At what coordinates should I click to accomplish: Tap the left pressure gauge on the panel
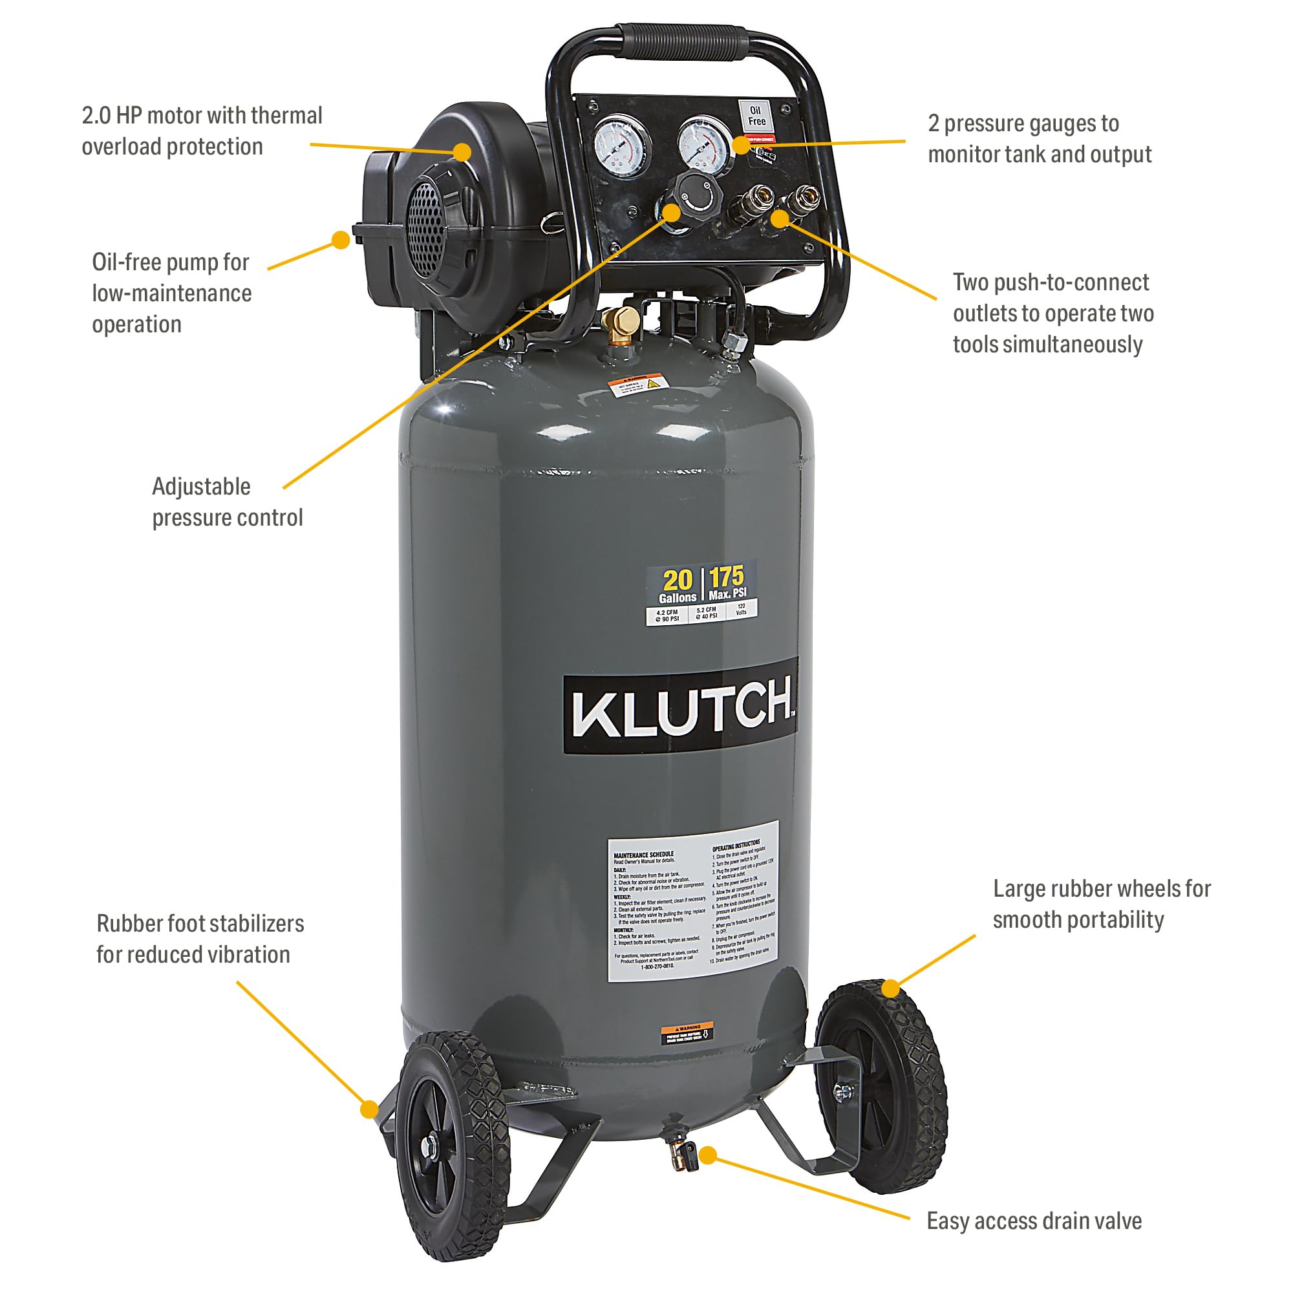click(x=622, y=147)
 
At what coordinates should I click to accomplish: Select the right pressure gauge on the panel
click(x=704, y=147)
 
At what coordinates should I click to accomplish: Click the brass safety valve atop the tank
click(x=621, y=323)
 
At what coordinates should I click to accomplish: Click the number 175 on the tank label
click(x=726, y=577)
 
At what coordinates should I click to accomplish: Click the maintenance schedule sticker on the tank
click(x=693, y=900)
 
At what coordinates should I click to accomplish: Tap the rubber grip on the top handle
click(x=680, y=42)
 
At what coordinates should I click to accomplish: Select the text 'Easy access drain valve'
click(x=1034, y=1221)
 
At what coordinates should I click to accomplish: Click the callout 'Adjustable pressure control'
click(x=227, y=502)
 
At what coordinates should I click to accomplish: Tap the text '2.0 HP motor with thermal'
click(x=202, y=116)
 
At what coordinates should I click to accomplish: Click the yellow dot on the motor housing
click(x=462, y=151)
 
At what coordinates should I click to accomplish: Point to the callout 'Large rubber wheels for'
click(x=1102, y=889)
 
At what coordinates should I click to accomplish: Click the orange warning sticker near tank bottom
click(x=687, y=1034)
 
